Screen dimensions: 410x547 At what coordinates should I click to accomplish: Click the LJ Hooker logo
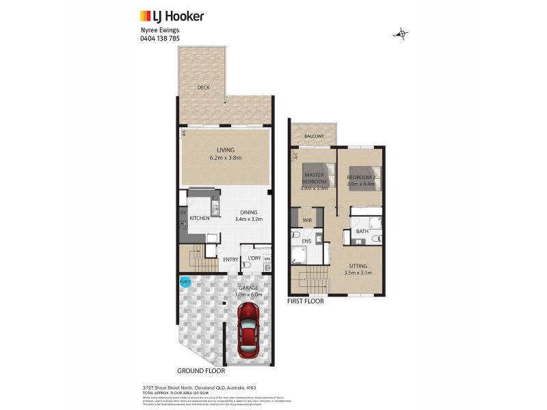(172, 15)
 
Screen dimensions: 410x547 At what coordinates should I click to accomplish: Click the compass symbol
(402, 33)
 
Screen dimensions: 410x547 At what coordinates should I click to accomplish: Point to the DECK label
(203, 87)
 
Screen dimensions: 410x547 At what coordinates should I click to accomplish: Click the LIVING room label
(226, 150)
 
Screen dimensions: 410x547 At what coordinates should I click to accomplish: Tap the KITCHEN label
(199, 218)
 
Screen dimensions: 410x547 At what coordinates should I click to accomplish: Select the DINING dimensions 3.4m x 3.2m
(249, 219)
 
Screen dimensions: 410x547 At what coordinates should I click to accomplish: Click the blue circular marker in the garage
(185, 282)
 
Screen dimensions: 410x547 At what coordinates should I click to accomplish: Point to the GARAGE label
(248, 288)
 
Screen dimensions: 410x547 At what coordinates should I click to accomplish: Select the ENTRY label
(230, 260)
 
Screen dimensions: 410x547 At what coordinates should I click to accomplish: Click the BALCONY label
(314, 135)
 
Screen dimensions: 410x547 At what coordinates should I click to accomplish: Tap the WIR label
(307, 220)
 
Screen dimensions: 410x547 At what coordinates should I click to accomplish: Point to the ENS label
(307, 242)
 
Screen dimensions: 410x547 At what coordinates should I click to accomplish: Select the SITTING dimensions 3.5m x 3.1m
(358, 273)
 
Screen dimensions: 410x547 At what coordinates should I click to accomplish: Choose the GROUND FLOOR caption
(201, 371)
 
